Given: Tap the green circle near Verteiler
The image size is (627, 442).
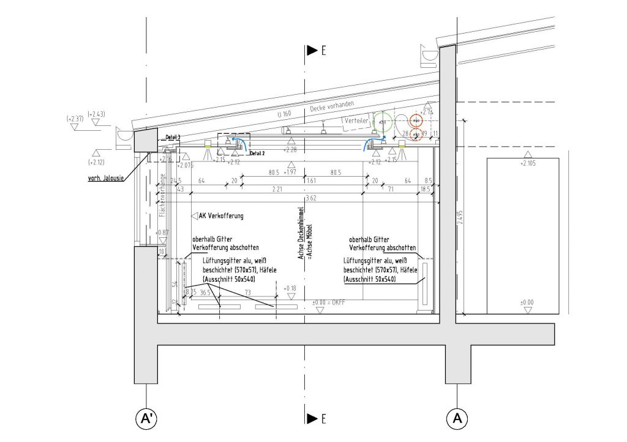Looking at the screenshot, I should pos(383,123).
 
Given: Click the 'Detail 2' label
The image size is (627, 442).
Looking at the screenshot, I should pos(258,153).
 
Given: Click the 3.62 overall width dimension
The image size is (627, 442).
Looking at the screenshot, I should pos(311,198).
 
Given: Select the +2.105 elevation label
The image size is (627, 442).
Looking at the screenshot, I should pos(528,163).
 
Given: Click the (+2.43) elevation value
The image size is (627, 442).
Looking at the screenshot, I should pos(97,114).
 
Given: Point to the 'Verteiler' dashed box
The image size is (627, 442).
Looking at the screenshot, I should pos(356,122).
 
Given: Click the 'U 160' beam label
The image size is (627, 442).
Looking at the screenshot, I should pos(283,114).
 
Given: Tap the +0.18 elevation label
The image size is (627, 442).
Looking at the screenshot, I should pos(290,287).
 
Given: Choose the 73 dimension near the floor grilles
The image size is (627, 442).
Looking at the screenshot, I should pos(247,293).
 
